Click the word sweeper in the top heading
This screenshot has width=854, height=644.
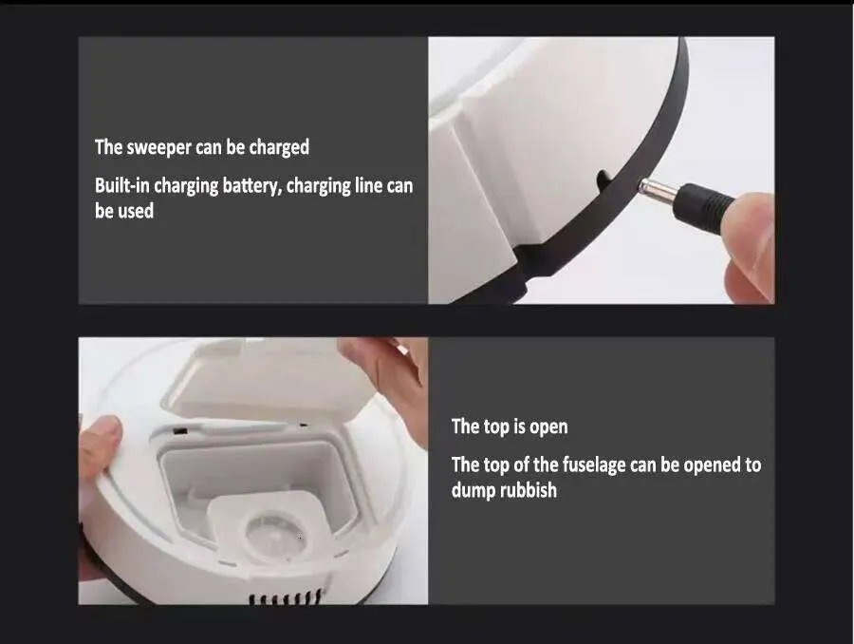158,148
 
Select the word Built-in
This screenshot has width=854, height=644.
122,185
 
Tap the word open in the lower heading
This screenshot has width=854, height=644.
548,427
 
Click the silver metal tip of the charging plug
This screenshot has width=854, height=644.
657,192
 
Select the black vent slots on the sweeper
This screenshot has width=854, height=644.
285,597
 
